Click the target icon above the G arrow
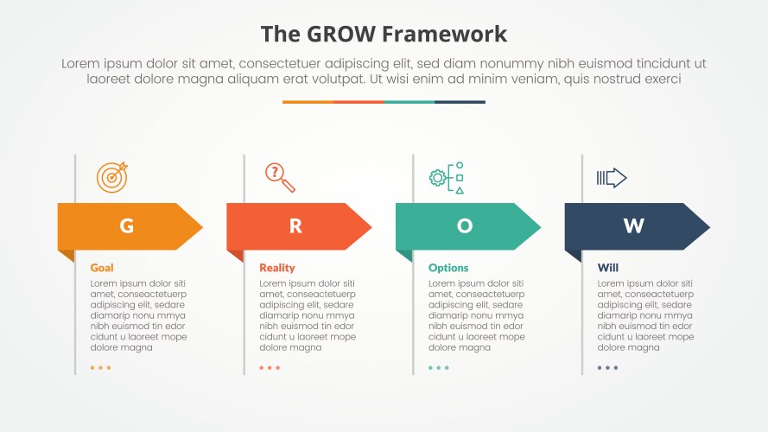(x=111, y=177)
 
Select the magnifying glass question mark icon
(x=280, y=177)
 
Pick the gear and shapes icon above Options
(x=447, y=177)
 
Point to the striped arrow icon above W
(x=612, y=178)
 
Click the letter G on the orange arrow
(x=126, y=226)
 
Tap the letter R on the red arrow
(x=295, y=226)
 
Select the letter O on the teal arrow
(x=465, y=226)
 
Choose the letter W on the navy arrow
(x=633, y=226)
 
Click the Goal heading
(x=102, y=268)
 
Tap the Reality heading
(x=277, y=268)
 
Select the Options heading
(x=448, y=268)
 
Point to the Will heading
(x=607, y=268)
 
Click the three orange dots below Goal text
(x=100, y=368)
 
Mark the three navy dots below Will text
(x=607, y=368)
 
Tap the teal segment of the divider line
(x=409, y=102)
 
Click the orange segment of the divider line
(x=307, y=102)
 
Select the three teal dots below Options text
(x=438, y=368)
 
